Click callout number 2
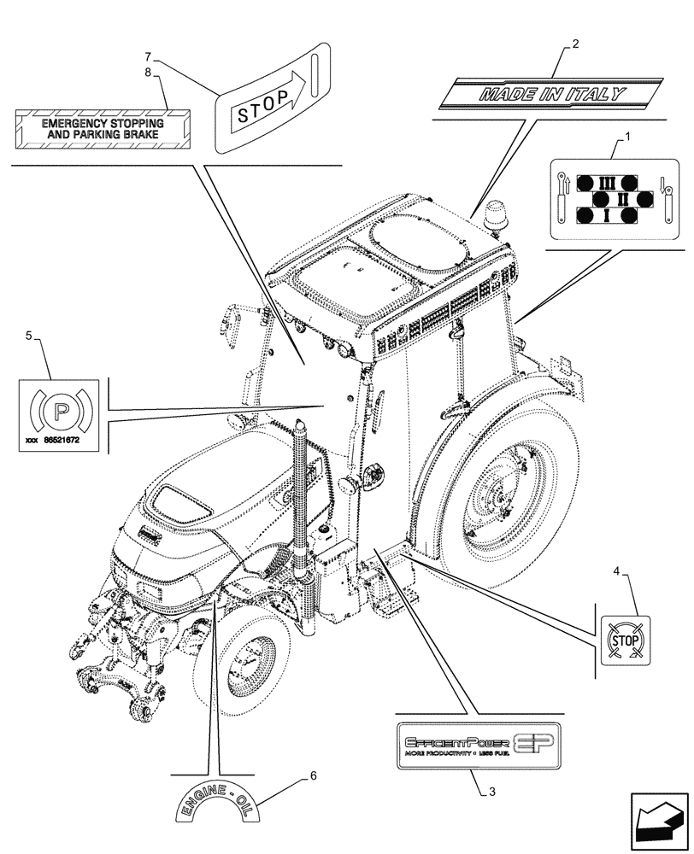(575, 44)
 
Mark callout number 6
(313, 775)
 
